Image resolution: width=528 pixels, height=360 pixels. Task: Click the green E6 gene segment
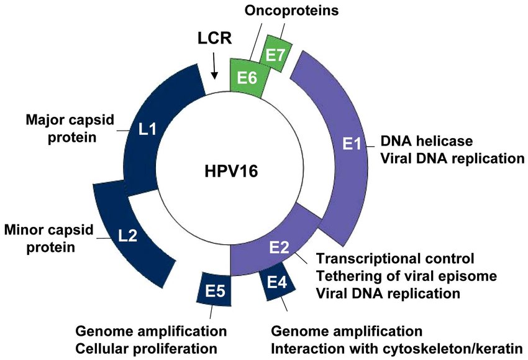click(247, 78)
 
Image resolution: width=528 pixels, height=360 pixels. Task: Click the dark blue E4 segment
click(278, 282)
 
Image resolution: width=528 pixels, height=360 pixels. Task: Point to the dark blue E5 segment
click(215, 290)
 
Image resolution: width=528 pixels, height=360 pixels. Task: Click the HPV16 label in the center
click(231, 171)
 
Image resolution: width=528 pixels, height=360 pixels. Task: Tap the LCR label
click(214, 38)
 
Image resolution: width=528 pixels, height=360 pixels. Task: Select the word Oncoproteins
click(291, 11)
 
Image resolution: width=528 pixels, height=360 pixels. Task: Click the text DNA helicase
click(427, 141)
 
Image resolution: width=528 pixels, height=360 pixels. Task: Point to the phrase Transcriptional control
click(395, 259)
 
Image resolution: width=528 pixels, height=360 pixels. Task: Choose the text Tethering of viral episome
click(406, 276)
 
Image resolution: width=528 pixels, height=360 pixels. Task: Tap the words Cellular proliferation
click(146, 349)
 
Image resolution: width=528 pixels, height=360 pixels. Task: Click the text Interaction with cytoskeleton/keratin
click(397, 349)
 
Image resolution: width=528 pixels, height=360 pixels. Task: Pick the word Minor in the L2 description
click(24, 230)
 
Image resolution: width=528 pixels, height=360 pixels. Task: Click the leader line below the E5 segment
click(211, 312)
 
